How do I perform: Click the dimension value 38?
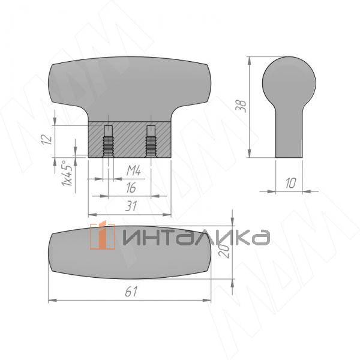tap(242, 106)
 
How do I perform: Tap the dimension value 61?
tap(131, 292)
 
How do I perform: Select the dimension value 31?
tap(131, 206)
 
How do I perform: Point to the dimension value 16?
tap(131, 188)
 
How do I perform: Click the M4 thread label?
tap(134, 171)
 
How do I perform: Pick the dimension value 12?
tap(47, 139)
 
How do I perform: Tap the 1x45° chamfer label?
tap(67, 173)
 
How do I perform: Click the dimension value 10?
tap(290, 183)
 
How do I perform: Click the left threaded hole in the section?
tap(108, 142)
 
